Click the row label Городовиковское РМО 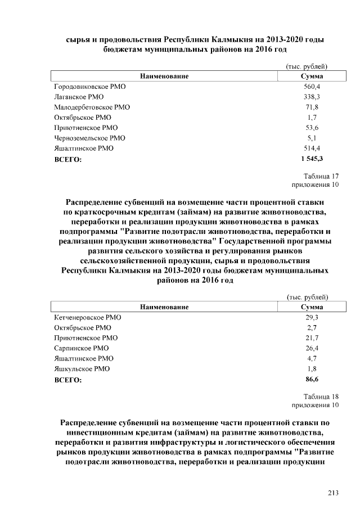coord(90,87)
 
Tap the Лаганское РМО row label coord(79,97)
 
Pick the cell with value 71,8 coord(312,107)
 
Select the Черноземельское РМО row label coord(89,138)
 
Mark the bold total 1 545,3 coord(312,159)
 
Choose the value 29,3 coord(312,318)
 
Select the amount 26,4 coord(312,348)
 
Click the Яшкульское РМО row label coord(82,368)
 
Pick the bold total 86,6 coord(312,380)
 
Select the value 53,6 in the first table coord(312,128)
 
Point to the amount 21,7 coord(312,338)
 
